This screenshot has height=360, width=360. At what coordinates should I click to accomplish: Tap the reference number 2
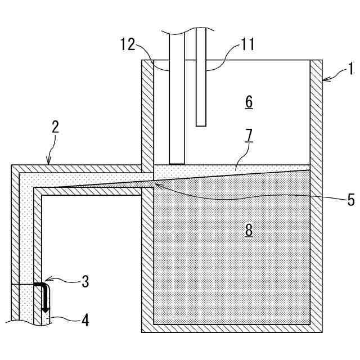coord(55,126)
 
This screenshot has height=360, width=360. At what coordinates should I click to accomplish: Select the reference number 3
coord(84,281)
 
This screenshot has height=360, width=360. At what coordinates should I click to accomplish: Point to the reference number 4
coord(84,321)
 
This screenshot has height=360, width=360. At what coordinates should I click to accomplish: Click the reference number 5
coord(350,199)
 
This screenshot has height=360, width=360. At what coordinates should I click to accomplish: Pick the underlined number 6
coord(249,102)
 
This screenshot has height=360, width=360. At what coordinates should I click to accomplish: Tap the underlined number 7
coord(249,135)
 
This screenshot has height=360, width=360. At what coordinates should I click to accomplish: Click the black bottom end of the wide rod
coord(177,164)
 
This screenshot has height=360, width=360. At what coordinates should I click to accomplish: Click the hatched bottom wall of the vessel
coord(231,328)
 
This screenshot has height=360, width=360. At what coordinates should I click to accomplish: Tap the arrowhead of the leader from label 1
coord(325,81)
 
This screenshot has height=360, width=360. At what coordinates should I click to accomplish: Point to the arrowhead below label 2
coord(48,163)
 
